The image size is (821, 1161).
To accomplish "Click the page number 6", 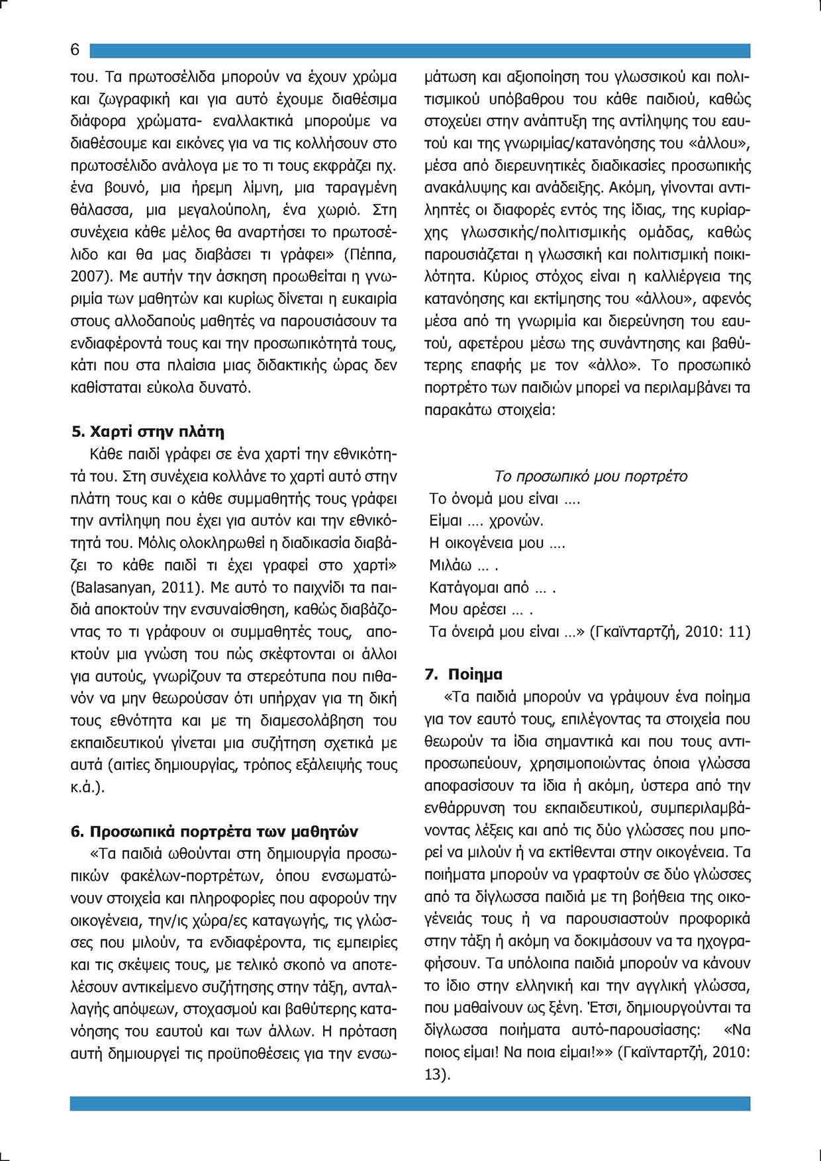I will [x=75, y=50].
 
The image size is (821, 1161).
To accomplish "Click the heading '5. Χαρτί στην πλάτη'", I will [x=148, y=432].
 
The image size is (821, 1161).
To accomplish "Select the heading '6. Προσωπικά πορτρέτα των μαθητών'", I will [x=215, y=831].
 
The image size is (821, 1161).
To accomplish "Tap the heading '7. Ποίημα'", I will [x=463, y=674].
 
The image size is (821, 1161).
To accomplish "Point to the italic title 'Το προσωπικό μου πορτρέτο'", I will [x=591, y=477].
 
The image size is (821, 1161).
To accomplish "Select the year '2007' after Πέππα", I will [x=86, y=276].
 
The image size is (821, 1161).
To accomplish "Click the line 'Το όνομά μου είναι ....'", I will [x=505, y=498].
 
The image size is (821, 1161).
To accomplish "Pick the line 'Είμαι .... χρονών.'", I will [x=486, y=521].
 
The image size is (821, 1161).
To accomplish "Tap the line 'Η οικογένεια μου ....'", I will [x=497, y=543].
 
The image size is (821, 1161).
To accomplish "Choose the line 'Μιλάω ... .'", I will [x=463, y=566].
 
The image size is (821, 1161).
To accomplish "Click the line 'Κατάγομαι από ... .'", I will [x=492, y=588].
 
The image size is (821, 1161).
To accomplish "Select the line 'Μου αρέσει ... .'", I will [x=481, y=610].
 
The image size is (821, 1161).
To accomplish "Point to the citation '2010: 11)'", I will [x=718, y=632].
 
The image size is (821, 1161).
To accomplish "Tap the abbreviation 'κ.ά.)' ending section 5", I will [x=87, y=788].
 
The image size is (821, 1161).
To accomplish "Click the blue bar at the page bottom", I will [x=410, y=1103].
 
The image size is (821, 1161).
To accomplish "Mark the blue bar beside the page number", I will [x=420, y=51].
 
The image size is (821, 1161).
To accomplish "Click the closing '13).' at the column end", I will [x=437, y=1075].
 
